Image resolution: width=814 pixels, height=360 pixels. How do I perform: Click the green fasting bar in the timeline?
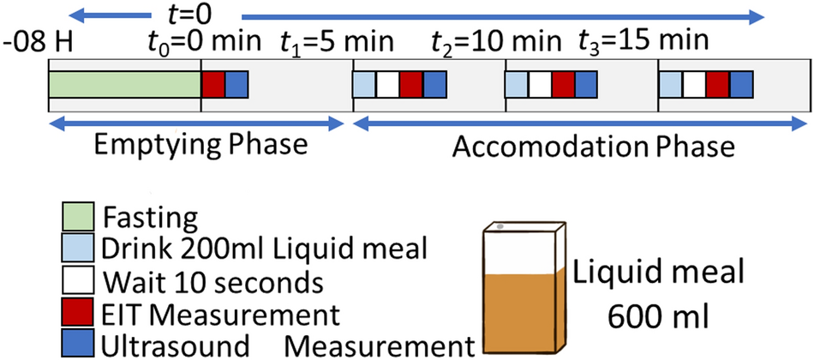[124, 85]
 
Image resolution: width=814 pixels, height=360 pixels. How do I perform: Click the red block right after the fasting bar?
[213, 85]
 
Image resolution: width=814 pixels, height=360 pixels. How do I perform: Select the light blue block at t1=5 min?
[364, 85]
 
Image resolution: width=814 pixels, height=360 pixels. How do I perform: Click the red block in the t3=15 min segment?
[718, 85]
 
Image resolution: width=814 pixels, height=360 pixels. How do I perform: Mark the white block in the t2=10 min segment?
[540, 85]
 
